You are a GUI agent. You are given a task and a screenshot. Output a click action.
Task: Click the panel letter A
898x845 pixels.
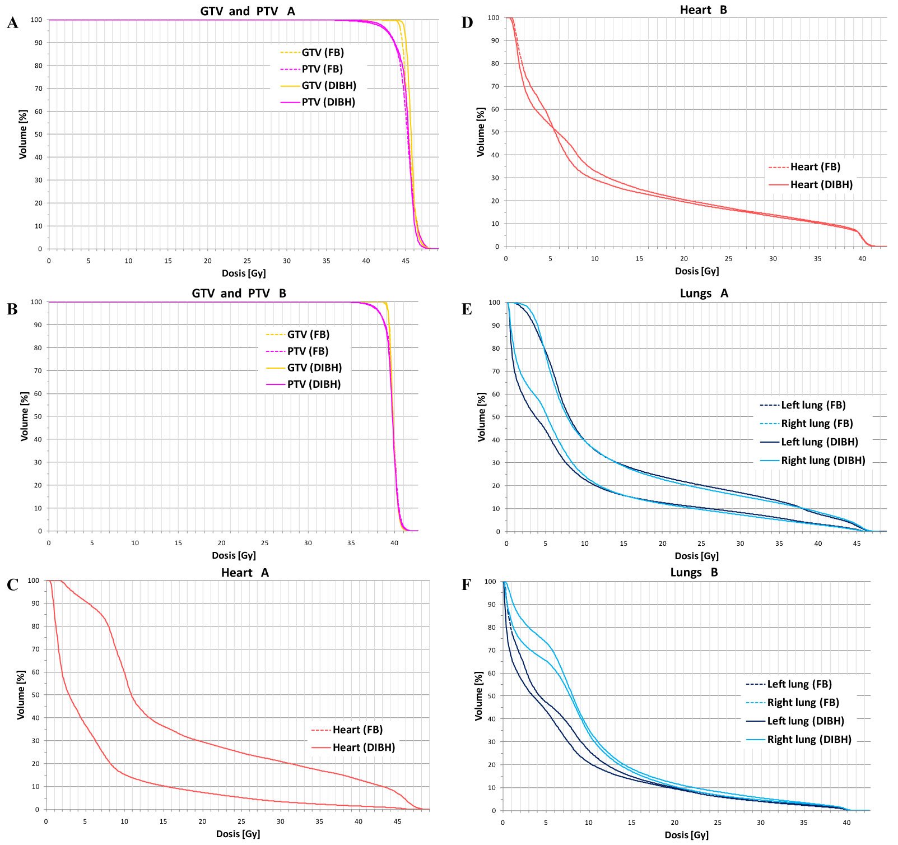coord(12,24)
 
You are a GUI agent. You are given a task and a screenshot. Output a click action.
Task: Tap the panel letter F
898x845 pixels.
coord(466,585)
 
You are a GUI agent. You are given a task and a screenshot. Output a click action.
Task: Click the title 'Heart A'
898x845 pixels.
coord(245,573)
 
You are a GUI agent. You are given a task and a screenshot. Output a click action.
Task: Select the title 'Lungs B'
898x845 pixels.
coord(694,572)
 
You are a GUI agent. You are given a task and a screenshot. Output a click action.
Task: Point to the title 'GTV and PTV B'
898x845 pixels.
coord(239,294)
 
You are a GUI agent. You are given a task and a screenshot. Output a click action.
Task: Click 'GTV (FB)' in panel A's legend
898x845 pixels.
coord(323,53)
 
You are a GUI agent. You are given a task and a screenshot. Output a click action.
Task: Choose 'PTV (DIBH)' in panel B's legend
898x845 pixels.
coord(314,384)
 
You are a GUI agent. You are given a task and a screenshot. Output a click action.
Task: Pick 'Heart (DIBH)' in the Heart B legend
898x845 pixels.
coord(821,185)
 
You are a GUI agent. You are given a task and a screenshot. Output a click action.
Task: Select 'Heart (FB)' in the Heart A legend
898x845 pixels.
coord(357,730)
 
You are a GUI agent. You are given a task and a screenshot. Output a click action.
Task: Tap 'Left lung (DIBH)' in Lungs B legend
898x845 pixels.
coord(805,721)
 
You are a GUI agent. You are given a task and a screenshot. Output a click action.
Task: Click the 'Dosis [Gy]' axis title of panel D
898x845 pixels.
coord(697,271)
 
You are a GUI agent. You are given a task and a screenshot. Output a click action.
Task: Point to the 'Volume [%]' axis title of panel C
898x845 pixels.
coord(21,695)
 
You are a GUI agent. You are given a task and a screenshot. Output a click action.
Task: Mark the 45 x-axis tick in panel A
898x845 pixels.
coord(406,261)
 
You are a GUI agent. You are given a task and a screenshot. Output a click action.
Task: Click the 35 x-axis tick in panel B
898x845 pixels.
coord(351,543)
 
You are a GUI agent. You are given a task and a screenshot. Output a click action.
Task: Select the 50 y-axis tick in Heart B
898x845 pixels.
coord(495,132)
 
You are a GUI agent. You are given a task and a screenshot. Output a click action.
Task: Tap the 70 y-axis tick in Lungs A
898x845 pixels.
coord(496,372)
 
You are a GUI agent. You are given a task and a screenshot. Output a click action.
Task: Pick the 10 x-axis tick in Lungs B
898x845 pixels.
coord(588,823)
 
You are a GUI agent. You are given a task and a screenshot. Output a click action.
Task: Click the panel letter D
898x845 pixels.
coord(467,23)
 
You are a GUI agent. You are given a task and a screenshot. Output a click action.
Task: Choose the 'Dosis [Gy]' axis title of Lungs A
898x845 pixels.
coord(696,556)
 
